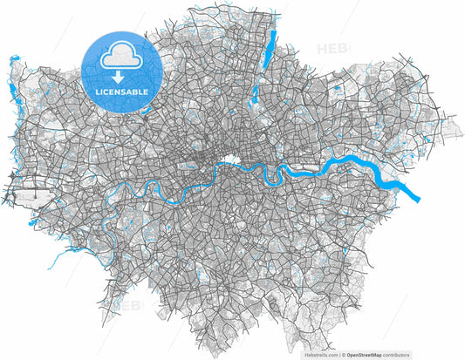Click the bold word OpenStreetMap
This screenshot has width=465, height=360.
click(369, 355)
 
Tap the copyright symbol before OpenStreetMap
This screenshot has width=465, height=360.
click(345, 355)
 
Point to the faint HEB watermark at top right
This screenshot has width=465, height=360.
click(332, 50)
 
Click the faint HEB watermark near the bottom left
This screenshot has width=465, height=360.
click(132, 306)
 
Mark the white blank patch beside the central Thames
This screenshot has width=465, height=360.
click(231, 160)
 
